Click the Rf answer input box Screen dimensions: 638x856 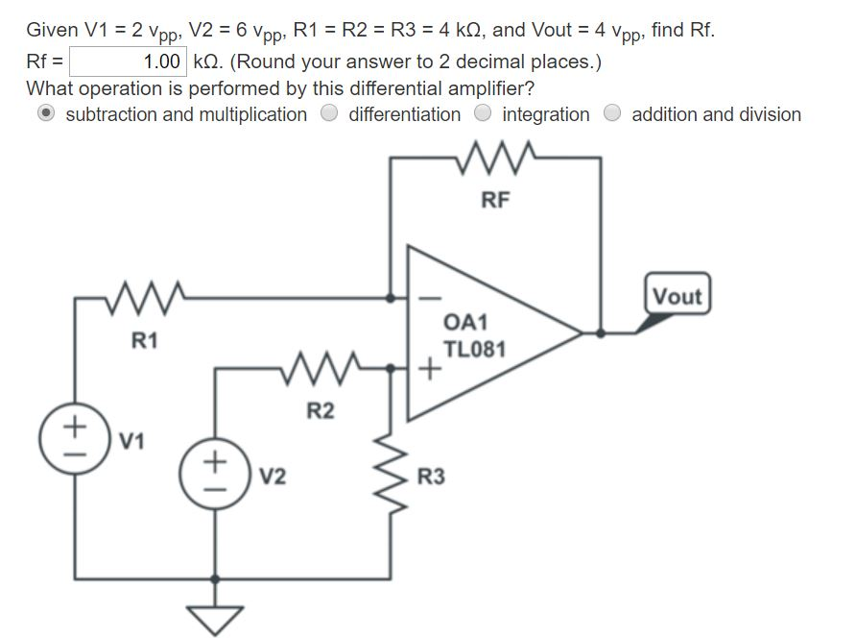pyautogui.click(x=127, y=62)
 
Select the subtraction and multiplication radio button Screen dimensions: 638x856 pyautogui.click(x=46, y=114)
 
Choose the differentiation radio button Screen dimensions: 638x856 pyautogui.click(x=330, y=114)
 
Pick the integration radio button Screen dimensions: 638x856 pyautogui.click(x=484, y=114)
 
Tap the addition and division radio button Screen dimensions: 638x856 pyautogui.click(x=612, y=114)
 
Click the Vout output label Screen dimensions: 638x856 pyautogui.click(x=678, y=297)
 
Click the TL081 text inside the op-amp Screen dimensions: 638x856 pyautogui.click(x=473, y=350)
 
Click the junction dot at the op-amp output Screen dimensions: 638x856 pyautogui.click(x=601, y=333)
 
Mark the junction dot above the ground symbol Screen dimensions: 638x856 pyautogui.click(x=215, y=579)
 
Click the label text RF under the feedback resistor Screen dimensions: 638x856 pyautogui.click(x=496, y=200)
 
